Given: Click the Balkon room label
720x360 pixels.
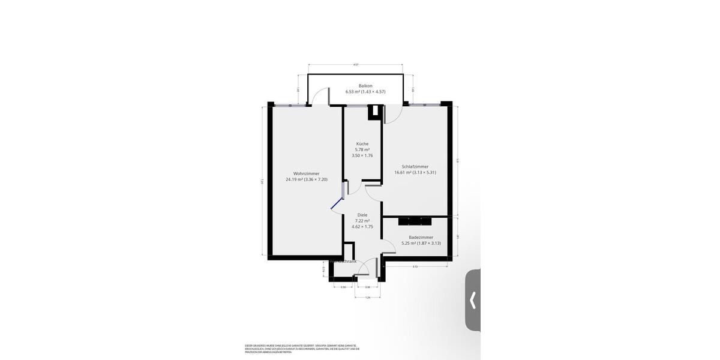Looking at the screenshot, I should (x=365, y=86).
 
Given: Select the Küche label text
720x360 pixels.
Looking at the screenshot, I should (x=362, y=144).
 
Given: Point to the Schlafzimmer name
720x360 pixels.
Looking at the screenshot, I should (x=415, y=166).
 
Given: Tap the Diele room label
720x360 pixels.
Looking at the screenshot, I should (x=362, y=215).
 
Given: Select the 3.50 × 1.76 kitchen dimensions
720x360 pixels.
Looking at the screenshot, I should (x=362, y=156).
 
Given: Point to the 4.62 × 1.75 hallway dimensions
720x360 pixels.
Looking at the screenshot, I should (x=362, y=227).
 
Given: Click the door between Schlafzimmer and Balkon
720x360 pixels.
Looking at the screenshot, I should (x=389, y=115).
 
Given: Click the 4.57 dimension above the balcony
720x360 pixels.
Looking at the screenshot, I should (x=355, y=65).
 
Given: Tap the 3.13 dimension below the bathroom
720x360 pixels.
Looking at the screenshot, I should (x=415, y=266).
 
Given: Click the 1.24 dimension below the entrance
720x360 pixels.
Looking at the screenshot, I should (x=367, y=297).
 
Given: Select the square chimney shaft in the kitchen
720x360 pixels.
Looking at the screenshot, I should (x=374, y=112).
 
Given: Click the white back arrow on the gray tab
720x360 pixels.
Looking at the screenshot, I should (x=473, y=300).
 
